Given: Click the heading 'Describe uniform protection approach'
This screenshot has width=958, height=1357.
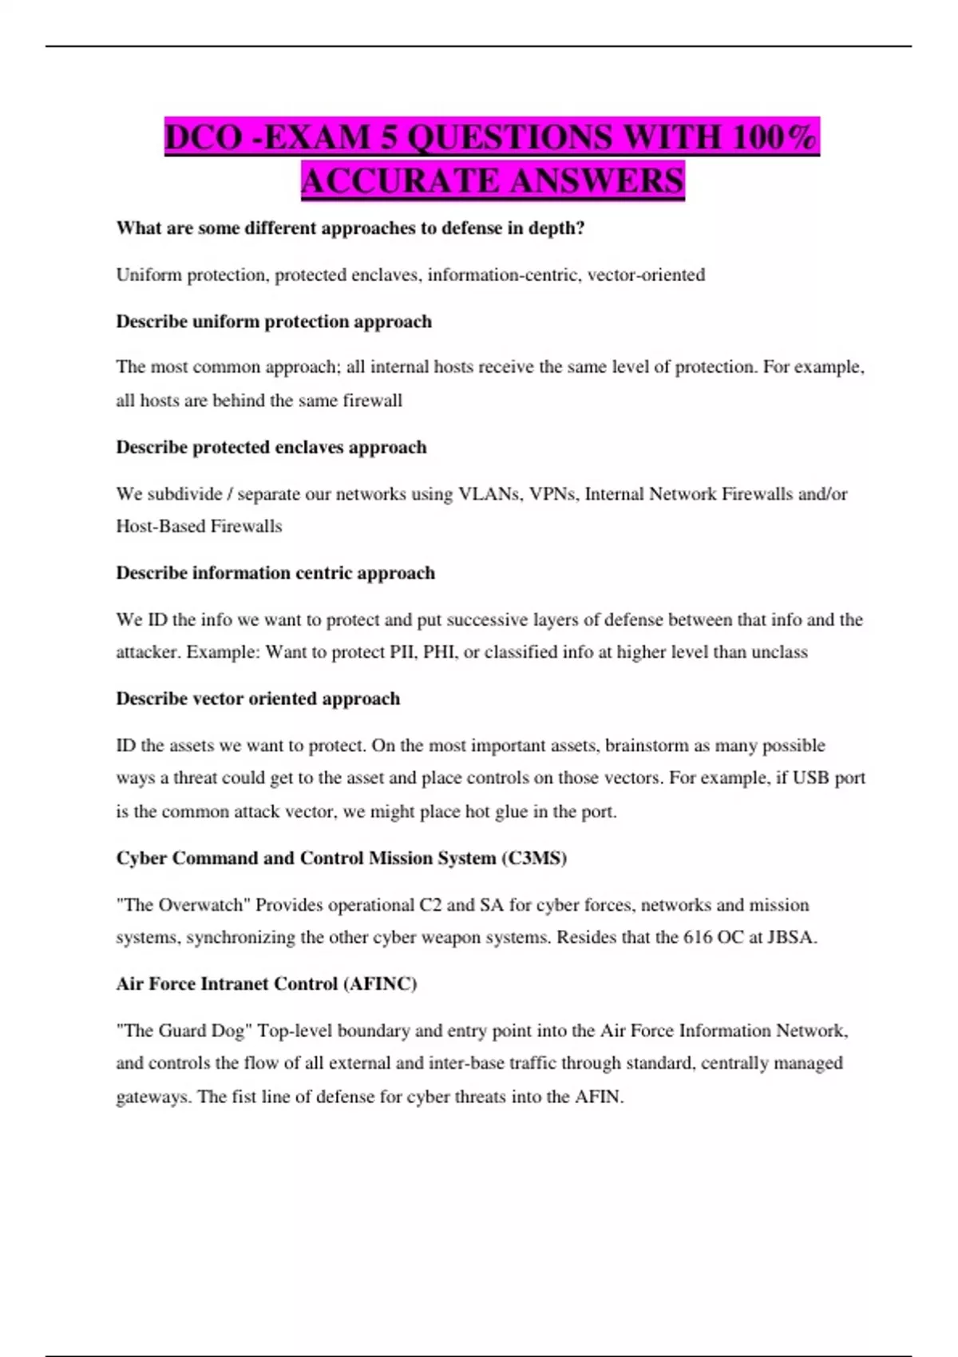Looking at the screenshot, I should [274, 322].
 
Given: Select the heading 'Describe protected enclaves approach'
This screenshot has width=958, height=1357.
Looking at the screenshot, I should [271, 447].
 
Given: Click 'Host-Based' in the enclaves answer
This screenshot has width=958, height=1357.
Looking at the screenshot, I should [160, 527].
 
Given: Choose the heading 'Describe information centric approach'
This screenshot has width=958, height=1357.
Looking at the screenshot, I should [275, 573].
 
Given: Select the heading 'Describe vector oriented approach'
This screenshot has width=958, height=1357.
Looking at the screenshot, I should [258, 699].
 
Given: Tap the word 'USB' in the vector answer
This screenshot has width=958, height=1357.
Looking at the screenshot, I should [810, 778].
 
